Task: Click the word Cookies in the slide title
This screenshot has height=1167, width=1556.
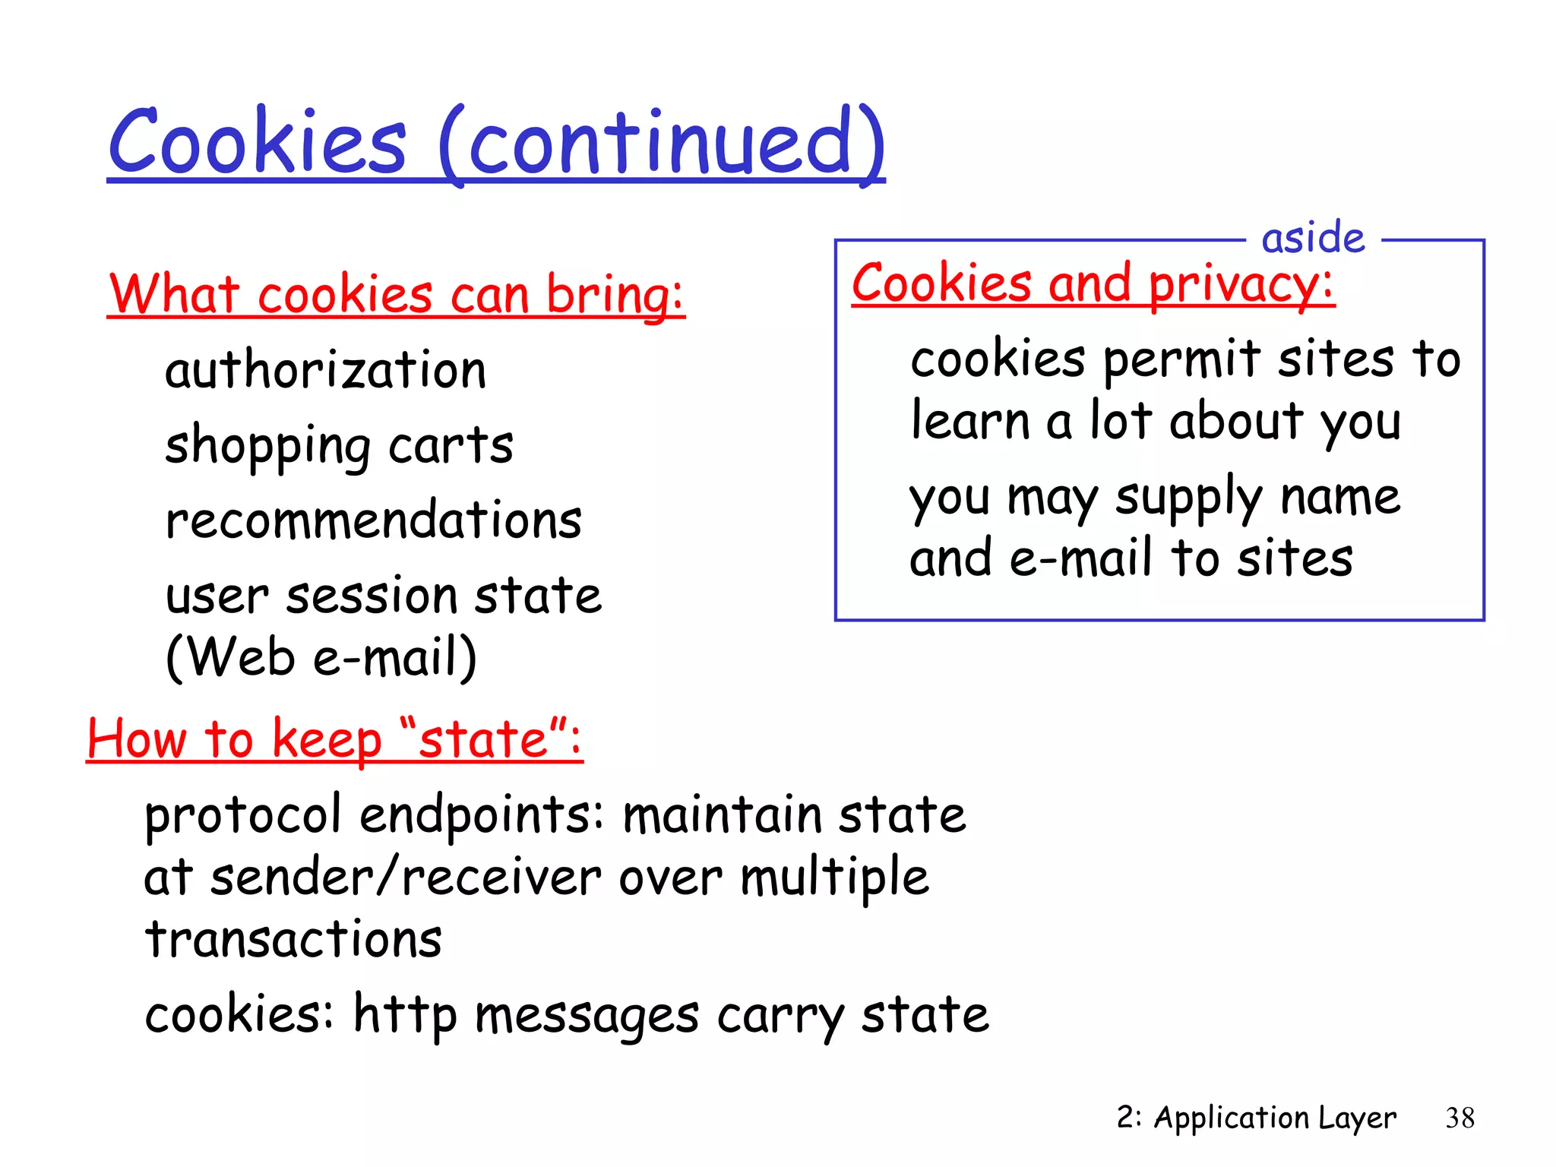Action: click(x=258, y=142)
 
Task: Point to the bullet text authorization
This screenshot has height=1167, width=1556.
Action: click(x=325, y=371)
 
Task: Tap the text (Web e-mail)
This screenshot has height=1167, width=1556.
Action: click(x=321, y=656)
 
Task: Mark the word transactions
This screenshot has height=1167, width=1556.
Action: click(x=293, y=939)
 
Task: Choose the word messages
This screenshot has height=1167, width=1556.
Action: click(x=587, y=1016)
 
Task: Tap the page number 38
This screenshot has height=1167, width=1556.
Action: click(x=1460, y=1118)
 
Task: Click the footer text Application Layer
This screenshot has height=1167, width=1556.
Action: click(x=1275, y=1118)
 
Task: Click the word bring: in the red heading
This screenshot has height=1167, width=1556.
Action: click(x=615, y=295)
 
